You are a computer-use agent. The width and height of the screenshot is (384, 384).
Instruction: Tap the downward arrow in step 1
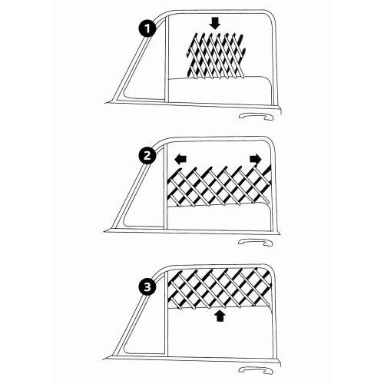(215, 23)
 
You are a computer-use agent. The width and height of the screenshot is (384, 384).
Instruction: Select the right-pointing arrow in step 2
(252, 158)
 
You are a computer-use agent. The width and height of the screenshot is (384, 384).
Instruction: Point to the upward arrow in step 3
(220, 315)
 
